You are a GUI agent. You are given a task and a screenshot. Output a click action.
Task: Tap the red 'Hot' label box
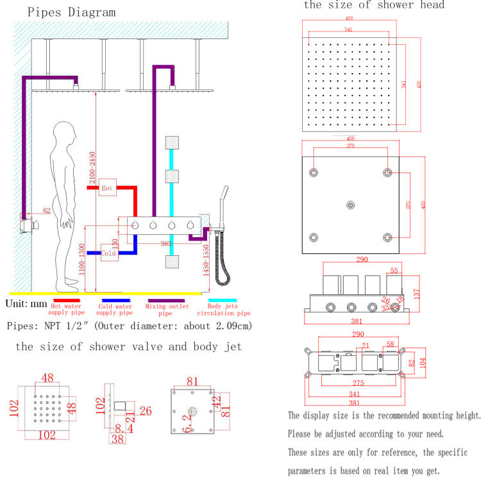[x=108, y=188]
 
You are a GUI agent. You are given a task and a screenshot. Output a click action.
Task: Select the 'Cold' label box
[x=108, y=253]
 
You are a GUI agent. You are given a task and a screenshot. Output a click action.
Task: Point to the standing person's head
[x=65, y=135]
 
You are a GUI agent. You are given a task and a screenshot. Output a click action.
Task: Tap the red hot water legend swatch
[x=66, y=300]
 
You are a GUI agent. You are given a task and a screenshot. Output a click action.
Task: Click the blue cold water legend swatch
[x=116, y=300]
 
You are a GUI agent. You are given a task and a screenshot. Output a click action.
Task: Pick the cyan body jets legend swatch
[x=222, y=300]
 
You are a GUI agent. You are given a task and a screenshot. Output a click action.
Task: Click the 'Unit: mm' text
[x=26, y=303]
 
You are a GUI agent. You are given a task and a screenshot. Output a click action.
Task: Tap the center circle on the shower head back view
[x=350, y=205]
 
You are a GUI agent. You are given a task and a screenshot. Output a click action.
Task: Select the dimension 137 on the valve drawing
[x=416, y=293]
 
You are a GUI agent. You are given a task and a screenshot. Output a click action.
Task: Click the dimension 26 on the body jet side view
[x=146, y=410]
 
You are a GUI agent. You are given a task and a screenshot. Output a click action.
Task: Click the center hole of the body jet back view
[x=190, y=411]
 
